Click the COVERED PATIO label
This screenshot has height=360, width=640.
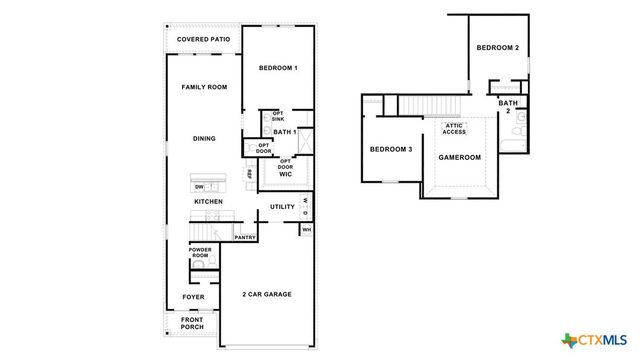[x=204, y=39]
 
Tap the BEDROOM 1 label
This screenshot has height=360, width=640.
[x=278, y=68]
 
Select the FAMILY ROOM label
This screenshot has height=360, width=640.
[x=204, y=87]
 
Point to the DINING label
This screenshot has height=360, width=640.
[x=204, y=138]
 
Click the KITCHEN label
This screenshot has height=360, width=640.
[x=208, y=202]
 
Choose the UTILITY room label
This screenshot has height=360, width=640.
[x=282, y=207]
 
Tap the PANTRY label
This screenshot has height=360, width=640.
[x=245, y=238]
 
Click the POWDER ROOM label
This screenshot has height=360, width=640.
[x=200, y=254]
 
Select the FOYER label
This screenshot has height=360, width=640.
[x=193, y=297]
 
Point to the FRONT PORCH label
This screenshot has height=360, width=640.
[x=191, y=324]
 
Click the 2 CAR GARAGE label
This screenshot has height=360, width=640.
[x=267, y=295]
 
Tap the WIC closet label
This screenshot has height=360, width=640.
[x=285, y=174]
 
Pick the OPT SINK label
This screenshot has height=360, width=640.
[x=278, y=117]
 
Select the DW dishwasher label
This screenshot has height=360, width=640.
[x=199, y=187]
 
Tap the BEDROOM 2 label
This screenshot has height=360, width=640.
[x=497, y=47]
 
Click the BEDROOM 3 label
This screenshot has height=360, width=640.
[x=390, y=149]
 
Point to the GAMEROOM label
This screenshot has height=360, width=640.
[x=460, y=157]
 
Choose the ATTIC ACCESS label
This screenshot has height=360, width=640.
[x=455, y=129]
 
